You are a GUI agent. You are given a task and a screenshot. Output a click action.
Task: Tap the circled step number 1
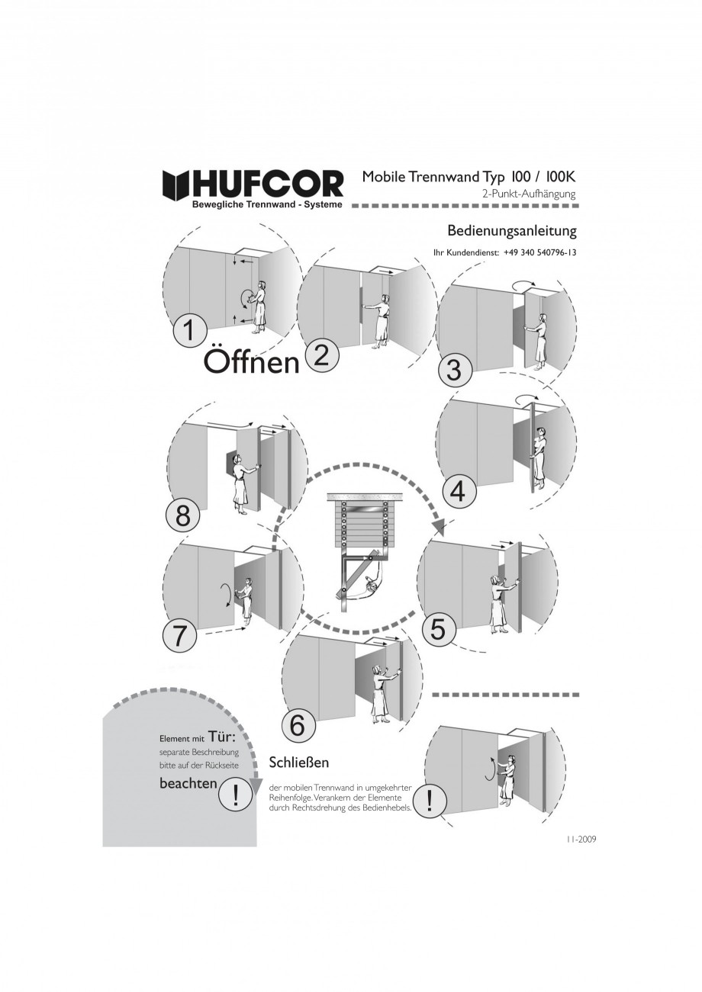click(189, 330)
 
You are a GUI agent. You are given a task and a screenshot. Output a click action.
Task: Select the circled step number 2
click(322, 357)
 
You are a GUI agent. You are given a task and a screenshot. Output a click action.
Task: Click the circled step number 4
click(459, 492)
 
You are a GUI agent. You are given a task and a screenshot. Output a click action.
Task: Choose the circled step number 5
click(438, 629)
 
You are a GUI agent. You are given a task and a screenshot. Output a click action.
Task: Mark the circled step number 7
click(179, 637)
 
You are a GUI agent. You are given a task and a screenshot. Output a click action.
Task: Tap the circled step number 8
click(182, 517)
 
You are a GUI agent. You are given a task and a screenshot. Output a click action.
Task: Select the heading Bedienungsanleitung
click(512, 231)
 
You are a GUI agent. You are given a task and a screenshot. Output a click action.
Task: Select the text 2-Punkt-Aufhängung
click(530, 194)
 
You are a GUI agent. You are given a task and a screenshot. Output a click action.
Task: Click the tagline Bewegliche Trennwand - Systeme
click(267, 204)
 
